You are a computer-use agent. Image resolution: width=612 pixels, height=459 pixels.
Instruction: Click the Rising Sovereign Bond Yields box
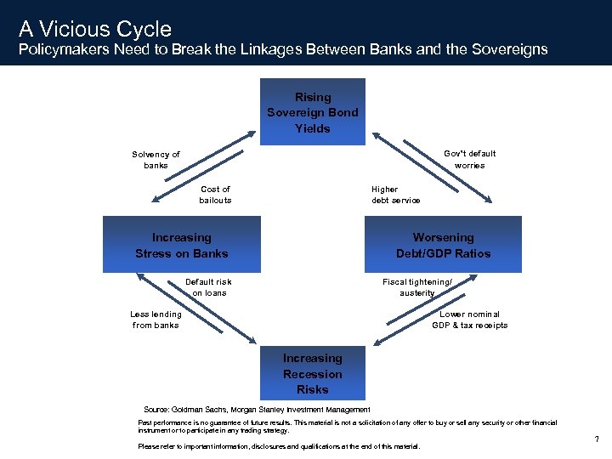[312, 112]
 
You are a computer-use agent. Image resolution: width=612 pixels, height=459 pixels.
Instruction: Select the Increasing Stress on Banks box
[181, 245]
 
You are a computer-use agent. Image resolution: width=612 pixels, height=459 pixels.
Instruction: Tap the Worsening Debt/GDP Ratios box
[443, 245]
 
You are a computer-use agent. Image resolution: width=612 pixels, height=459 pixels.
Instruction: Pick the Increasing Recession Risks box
[312, 374]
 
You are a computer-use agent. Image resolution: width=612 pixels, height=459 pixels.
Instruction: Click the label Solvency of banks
[156, 160]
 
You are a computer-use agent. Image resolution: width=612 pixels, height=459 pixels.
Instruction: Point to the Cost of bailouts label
[215, 195]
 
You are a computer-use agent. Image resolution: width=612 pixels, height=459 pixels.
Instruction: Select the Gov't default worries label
[469, 159]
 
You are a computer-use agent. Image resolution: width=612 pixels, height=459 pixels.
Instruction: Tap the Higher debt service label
[395, 195]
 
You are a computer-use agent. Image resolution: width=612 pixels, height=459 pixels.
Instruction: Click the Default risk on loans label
[208, 287]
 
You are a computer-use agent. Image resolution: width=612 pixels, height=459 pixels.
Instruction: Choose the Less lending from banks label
[156, 320]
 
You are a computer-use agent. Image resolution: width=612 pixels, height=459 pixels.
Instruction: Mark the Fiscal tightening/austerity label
[417, 287]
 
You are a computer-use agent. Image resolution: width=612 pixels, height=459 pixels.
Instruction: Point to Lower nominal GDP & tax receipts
[469, 320]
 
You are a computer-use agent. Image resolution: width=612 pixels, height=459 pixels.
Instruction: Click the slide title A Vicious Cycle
[95, 30]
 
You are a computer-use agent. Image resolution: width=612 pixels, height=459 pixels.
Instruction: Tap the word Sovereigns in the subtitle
[507, 49]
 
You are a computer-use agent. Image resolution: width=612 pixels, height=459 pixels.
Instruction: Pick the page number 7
[597, 439]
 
